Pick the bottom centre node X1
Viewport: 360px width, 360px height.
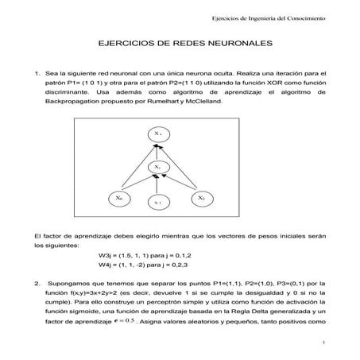coord(159,202)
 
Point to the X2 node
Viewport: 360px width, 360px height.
coord(202,197)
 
